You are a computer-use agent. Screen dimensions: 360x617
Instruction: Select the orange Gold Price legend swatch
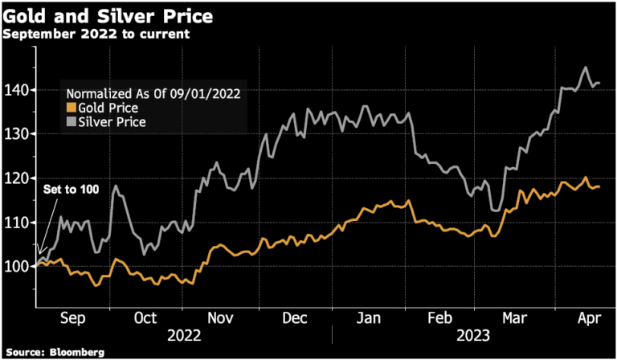pyautogui.click(x=70, y=107)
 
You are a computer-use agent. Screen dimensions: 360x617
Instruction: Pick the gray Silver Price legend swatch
pyautogui.click(x=70, y=121)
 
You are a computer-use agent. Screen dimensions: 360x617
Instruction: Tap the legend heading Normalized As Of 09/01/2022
pyautogui.click(x=153, y=92)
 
